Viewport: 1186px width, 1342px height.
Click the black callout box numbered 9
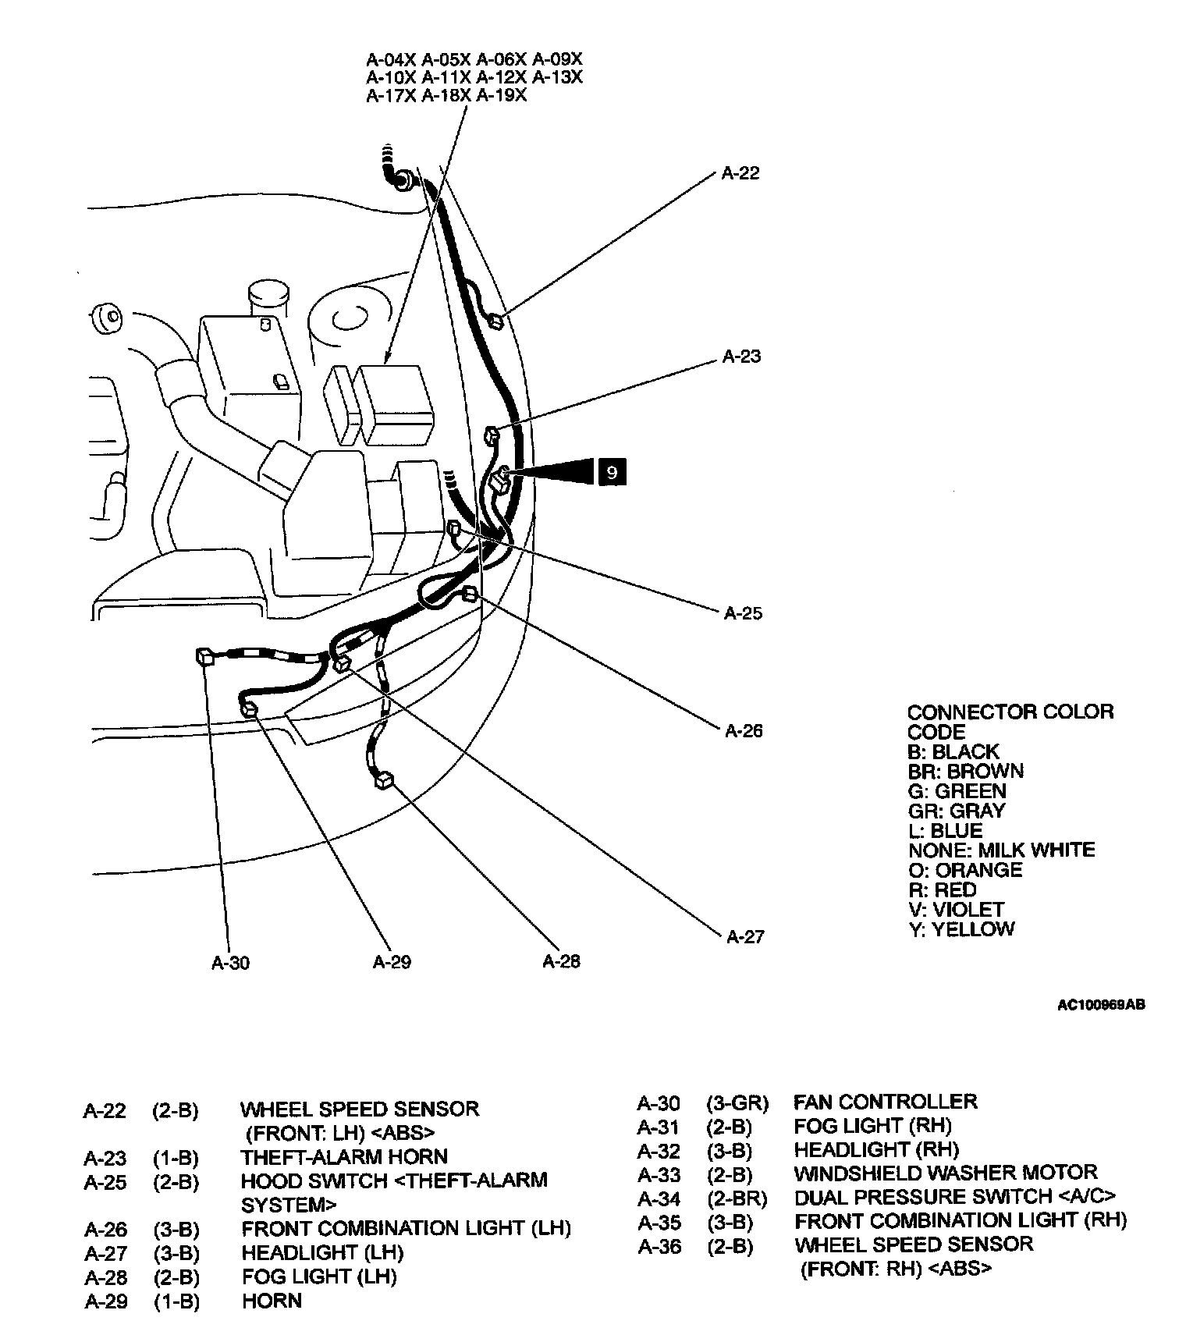pos(612,472)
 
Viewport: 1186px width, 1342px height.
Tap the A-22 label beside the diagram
pos(740,173)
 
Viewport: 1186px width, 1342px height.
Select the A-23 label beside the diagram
pos(740,357)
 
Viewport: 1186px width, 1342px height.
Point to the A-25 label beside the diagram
pos(743,613)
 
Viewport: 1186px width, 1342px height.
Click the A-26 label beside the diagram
pos(744,731)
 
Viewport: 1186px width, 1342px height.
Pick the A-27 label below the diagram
pos(745,936)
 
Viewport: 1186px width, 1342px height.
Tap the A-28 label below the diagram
pos(561,961)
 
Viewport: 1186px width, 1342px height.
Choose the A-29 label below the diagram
pos(392,962)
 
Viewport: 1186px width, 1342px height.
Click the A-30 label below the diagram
pos(230,963)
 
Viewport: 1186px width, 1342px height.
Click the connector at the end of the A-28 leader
pos(384,779)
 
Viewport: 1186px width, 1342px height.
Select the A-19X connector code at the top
pos(501,96)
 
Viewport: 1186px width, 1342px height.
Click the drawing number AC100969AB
pos(1101,1006)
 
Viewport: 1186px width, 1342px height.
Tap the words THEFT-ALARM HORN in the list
pos(343,1157)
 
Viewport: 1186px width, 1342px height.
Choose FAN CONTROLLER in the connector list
pos(885,1102)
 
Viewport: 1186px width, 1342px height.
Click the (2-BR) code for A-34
pos(737,1198)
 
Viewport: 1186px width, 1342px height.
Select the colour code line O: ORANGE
pos(964,870)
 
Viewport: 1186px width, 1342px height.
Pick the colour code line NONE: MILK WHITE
pos(1001,850)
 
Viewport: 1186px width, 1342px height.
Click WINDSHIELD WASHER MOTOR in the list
pos(945,1173)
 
